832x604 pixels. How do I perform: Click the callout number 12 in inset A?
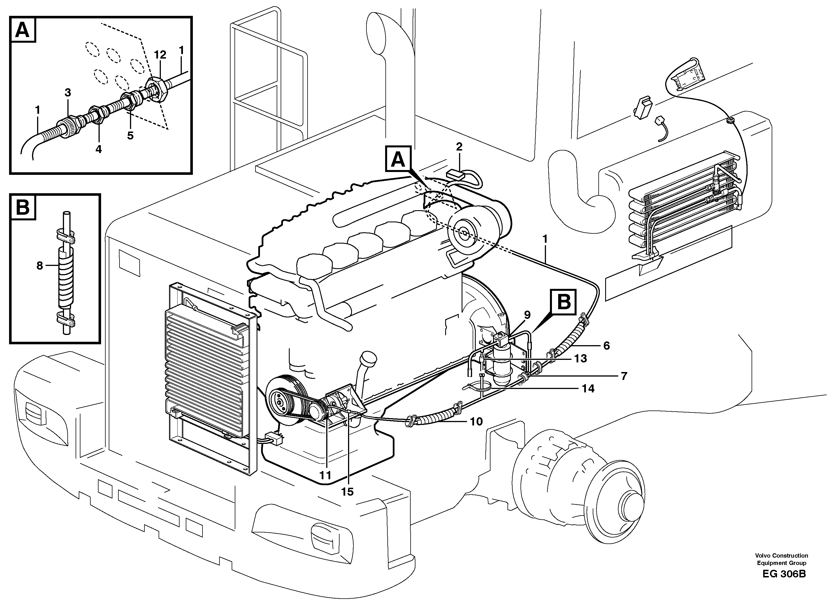tap(160, 55)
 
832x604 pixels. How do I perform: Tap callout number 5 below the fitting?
tap(130, 136)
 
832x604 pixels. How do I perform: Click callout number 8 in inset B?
tap(40, 265)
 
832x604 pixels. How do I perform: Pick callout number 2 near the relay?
tap(459, 147)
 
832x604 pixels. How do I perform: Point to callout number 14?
tap(588, 388)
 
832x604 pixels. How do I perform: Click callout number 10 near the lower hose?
tap(476, 422)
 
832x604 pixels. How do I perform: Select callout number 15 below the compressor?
tap(347, 491)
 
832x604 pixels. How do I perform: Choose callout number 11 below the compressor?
tap(325, 475)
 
